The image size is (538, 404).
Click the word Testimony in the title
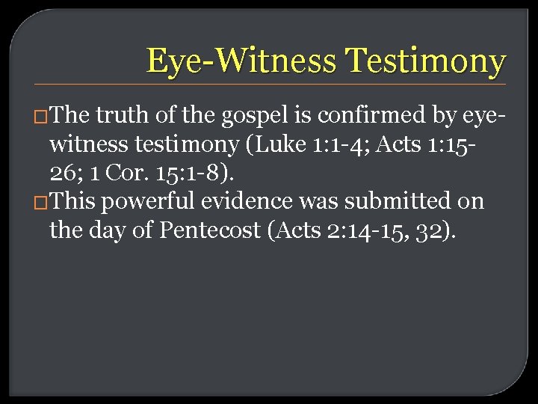coord(427,61)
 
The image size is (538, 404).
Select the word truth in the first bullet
coord(119,116)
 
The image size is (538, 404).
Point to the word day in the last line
coord(107,230)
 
